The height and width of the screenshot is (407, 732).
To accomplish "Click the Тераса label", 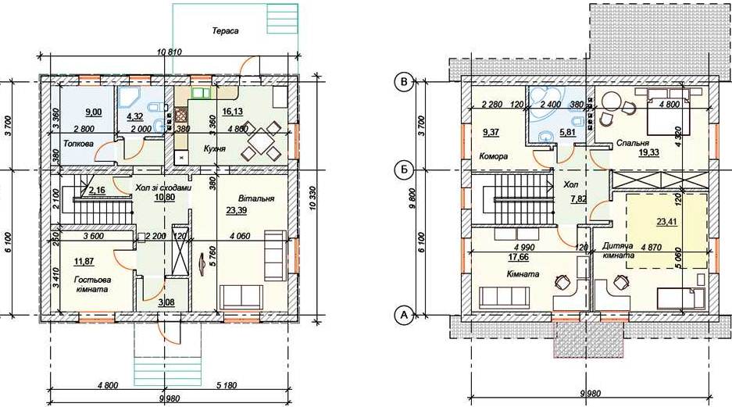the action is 225,31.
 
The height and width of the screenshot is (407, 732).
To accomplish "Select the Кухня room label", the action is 215,149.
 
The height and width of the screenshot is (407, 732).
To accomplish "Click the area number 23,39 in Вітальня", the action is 237,211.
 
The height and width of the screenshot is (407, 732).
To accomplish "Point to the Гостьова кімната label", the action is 92,284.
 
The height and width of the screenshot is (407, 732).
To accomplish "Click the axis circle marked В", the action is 404,82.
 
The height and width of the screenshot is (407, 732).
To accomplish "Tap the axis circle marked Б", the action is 404,170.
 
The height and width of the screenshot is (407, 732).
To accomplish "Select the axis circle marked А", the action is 404,316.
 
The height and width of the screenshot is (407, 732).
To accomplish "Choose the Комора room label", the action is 493,156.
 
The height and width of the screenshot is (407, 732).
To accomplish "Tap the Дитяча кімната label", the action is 618,250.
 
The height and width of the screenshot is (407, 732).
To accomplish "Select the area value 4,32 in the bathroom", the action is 135,112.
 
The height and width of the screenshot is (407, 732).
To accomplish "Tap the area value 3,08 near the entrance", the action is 166,302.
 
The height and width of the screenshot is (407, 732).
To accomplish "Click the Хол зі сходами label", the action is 163,188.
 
